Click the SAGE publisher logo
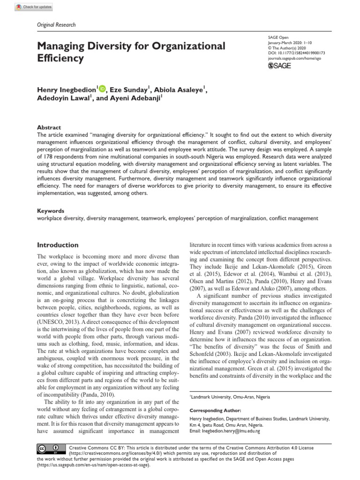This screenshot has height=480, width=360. tap(280, 65)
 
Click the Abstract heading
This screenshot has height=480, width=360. tap(49, 127)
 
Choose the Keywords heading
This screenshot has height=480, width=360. tap(51, 211)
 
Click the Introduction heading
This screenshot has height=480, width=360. tap(58, 245)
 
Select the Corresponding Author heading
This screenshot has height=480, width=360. tap(216, 409)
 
